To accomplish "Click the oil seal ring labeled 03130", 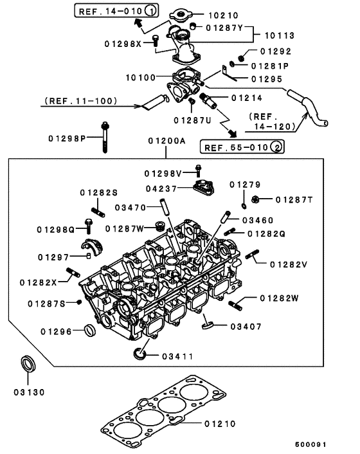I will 30,365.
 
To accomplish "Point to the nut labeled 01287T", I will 256,199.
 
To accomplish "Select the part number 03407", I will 246,326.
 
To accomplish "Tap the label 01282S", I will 99,192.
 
